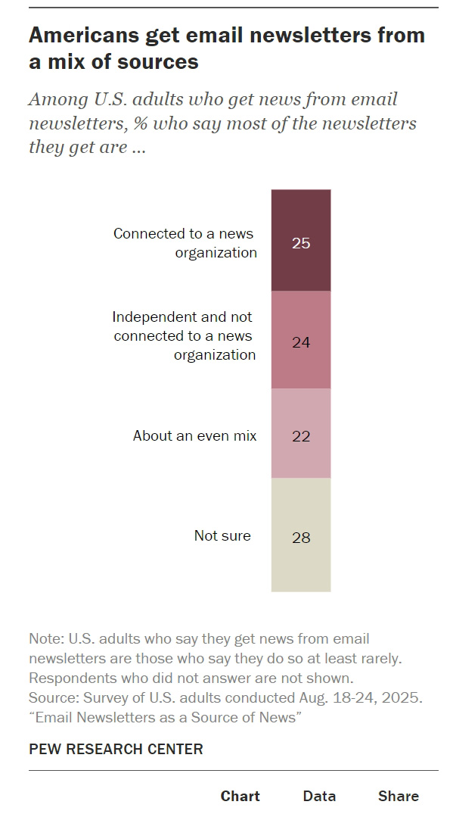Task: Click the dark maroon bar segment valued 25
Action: pyautogui.click(x=301, y=240)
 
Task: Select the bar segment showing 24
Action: pyautogui.click(x=301, y=339)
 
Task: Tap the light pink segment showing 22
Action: pyautogui.click(x=301, y=433)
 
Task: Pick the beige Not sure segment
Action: pyautogui.click(x=301, y=535)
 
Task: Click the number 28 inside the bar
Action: pyautogui.click(x=301, y=538)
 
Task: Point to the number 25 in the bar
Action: pyautogui.click(x=301, y=243)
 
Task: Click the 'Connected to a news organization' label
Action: pyautogui.click(x=185, y=243)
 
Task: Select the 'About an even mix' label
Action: pyautogui.click(x=194, y=435)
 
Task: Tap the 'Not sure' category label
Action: pyautogui.click(x=222, y=535)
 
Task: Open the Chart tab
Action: pyautogui.click(x=240, y=796)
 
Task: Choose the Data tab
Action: pyautogui.click(x=319, y=796)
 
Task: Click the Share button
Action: pyautogui.click(x=398, y=796)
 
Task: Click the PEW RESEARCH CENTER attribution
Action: pyautogui.click(x=116, y=749)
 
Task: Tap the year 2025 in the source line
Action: pyautogui.click(x=402, y=697)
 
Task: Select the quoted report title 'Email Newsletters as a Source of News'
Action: pyautogui.click(x=166, y=717)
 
